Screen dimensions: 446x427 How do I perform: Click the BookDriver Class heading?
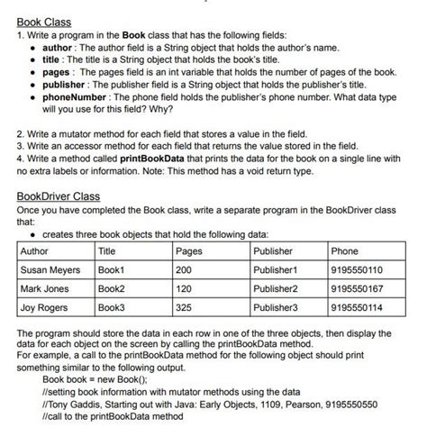[59, 196]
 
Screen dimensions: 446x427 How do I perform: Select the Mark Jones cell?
[44, 288]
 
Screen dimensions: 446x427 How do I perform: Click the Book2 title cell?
[113, 288]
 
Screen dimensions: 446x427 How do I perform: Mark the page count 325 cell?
[185, 307]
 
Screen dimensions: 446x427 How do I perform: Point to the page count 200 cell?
[185, 269]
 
